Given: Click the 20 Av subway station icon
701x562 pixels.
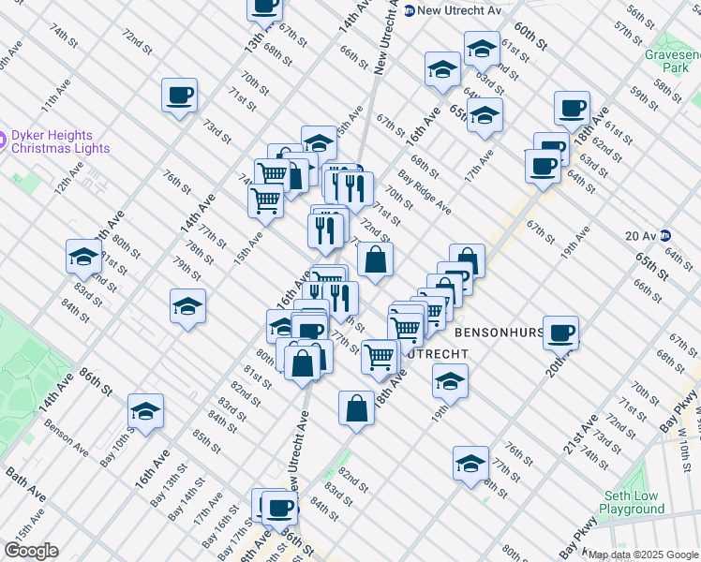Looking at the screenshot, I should [x=665, y=235].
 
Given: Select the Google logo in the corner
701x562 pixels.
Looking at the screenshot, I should [x=31, y=551].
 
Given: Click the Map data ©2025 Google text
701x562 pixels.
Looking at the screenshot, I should [x=643, y=555].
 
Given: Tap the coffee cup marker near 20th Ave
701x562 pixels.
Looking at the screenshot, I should [x=560, y=333].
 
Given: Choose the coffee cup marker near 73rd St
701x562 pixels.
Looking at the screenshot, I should [x=179, y=95].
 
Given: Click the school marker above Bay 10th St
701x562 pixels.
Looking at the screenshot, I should [x=145, y=411].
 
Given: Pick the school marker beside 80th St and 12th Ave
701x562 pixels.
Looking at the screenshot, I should [x=83, y=257].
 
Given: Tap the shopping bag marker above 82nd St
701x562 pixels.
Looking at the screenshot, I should [x=356, y=407].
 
